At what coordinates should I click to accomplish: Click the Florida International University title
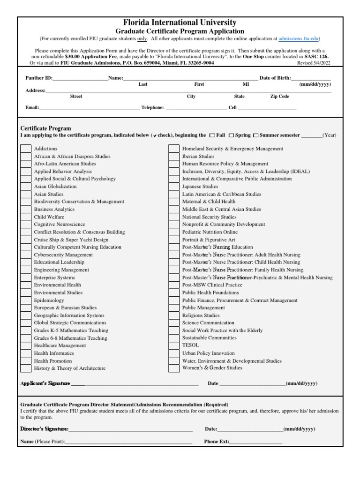[x=180, y=22]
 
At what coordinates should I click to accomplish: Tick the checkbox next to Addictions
[x=25, y=149]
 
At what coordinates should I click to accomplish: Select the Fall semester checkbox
[x=212, y=135]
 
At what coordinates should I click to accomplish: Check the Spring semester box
[x=232, y=135]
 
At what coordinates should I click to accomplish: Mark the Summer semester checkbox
[x=255, y=135]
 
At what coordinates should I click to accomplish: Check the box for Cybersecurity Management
[x=25, y=255]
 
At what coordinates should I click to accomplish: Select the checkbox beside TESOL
[x=174, y=345]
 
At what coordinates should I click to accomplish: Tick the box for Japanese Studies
[x=174, y=187]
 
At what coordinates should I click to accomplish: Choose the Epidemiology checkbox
[x=25, y=300]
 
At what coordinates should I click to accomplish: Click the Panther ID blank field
[x=80, y=79]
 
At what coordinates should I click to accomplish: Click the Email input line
[x=89, y=108]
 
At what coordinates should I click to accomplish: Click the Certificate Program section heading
[x=46, y=128]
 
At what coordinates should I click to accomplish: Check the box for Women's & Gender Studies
[x=174, y=368]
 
